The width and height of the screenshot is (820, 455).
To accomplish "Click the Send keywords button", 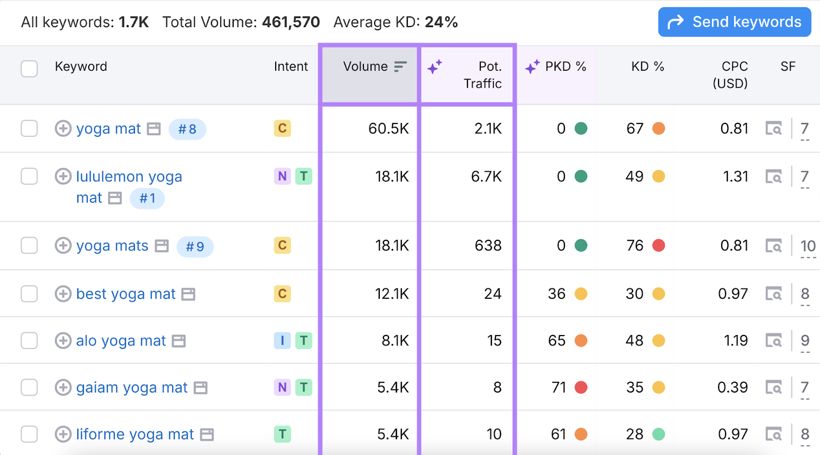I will [734, 22].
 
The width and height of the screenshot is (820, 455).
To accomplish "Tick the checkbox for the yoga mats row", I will [29, 245].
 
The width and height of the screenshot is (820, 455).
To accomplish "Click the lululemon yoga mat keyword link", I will [129, 177].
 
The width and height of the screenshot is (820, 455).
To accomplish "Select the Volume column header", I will [365, 67].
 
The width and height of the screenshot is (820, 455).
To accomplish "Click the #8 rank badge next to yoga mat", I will [187, 129].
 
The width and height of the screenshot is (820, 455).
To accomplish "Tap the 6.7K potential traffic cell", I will [486, 177].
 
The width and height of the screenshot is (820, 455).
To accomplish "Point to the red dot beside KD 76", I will [659, 245].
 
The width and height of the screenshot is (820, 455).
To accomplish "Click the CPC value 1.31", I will [735, 177].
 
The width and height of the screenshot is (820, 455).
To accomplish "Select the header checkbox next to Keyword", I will [29, 68].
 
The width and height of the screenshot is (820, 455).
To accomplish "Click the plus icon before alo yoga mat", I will [63, 341].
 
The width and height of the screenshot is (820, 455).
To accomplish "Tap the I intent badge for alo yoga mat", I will [282, 341].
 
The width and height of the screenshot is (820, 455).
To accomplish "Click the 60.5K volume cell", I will [388, 129].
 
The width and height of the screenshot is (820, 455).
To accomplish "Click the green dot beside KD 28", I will [659, 435].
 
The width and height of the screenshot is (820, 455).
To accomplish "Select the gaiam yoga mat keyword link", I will [132, 388].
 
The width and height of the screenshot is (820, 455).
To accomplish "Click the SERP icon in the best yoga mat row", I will [773, 294].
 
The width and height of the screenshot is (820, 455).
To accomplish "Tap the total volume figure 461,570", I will [291, 22].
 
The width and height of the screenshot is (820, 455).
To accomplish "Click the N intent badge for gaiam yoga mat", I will [282, 387].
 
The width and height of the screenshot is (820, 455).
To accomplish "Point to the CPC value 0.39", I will [732, 387].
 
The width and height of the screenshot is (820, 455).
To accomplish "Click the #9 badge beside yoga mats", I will [195, 247].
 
